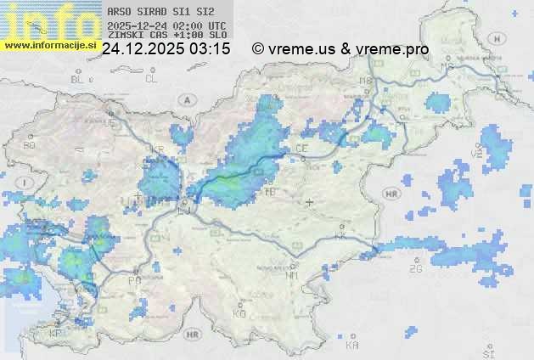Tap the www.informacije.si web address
(49, 45)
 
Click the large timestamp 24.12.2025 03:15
(166, 49)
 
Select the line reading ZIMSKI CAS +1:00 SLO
(166, 36)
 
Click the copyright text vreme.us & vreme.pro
(340, 49)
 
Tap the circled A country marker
(185, 99)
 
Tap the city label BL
(79, 79)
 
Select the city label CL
(151, 79)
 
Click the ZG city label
(416, 269)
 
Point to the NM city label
(293, 276)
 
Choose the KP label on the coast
(56, 335)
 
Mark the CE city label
(301, 149)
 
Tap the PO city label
(134, 280)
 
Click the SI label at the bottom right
(487, 352)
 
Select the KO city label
(240, 313)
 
